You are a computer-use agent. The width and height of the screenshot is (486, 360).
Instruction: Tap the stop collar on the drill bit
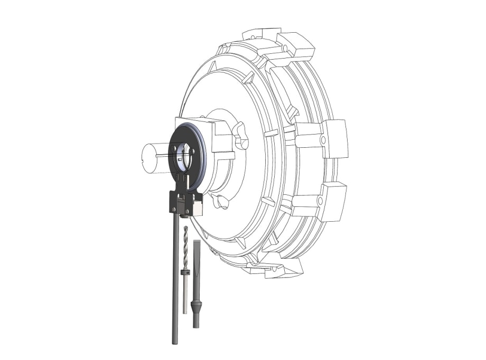(185, 272)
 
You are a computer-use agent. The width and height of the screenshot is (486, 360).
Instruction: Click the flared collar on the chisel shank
(197, 306)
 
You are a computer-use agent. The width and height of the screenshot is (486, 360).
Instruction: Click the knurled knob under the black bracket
(185, 214)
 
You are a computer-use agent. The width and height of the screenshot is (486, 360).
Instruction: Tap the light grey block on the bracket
(198, 209)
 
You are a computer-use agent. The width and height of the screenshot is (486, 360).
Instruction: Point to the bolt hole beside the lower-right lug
(320, 202)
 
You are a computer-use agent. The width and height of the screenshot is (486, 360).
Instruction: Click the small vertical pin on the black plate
(189, 183)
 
